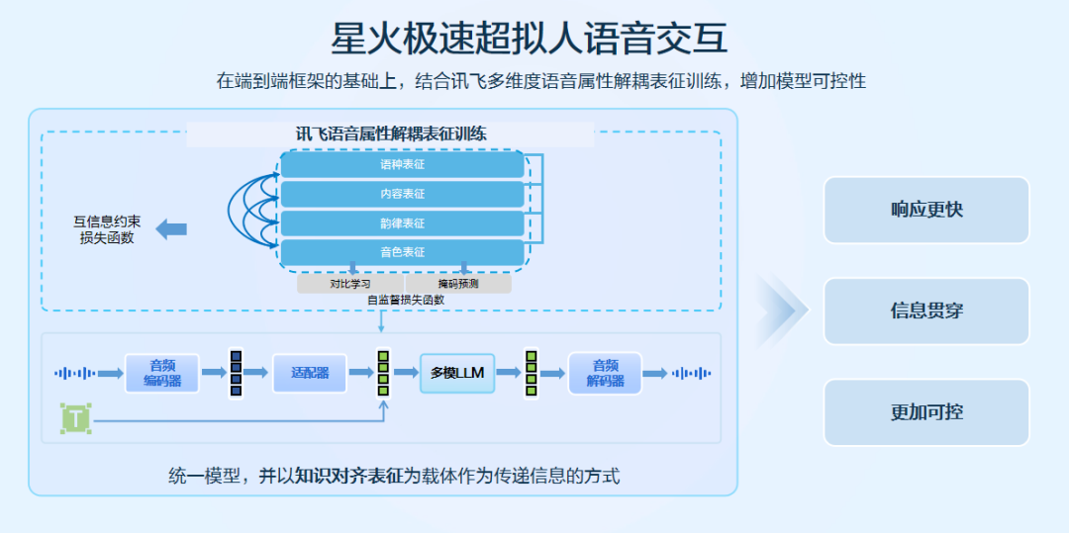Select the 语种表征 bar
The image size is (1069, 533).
point(402,164)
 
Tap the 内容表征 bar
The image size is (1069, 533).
point(402,194)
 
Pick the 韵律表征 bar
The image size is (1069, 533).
point(402,223)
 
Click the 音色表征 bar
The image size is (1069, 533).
point(402,252)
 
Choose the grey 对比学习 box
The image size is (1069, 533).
point(349,284)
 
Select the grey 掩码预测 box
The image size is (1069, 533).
point(458,284)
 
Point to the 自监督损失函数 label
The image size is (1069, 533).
point(405,300)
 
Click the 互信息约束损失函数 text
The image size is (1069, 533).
point(107,229)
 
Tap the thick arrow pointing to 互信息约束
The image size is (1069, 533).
point(171,229)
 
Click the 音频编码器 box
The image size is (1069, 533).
point(162,373)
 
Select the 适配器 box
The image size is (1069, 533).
point(310,373)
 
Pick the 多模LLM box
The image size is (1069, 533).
point(457,373)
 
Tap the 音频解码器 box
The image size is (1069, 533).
point(605,373)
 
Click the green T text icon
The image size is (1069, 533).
point(75,418)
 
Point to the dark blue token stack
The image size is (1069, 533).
point(236,373)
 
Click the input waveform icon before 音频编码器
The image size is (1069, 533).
point(75,373)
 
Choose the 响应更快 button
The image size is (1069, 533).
point(926,210)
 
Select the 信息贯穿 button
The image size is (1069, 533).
point(926,311)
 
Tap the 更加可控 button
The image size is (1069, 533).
point(926,412)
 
